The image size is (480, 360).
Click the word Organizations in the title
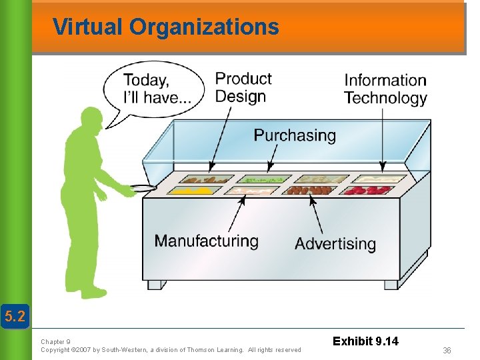(x=204, y=27)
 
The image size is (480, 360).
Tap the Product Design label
(x=243, y=87)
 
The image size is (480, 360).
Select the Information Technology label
(x=385, y=89)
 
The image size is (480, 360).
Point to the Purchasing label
(x=295, y=135)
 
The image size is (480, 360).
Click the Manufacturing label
(x=206, y=241)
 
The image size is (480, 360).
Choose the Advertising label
(x=335, y=243)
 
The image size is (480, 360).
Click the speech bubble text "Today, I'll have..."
(x=157, y=89)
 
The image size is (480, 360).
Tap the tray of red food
(x=366, y=191)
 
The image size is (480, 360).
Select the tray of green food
(x=264, y=179)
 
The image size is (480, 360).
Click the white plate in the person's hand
(x=143, y=188)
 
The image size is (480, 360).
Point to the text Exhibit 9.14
(x=366, y=341)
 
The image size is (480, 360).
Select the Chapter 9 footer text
(x=55, y=341)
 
